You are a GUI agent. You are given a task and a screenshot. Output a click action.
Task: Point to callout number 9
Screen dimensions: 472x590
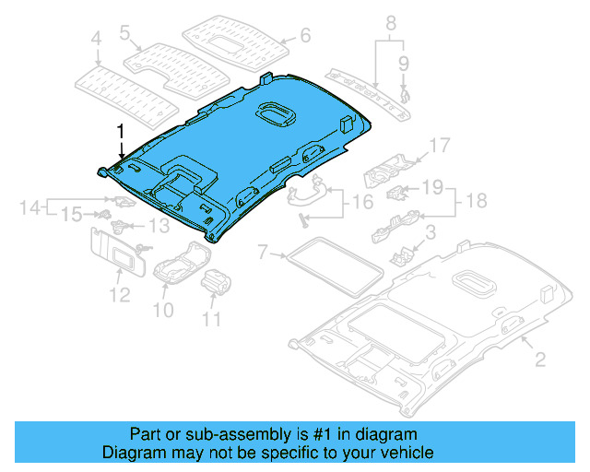(403, 64)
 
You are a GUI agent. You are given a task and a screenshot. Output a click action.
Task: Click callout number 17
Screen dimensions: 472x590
(439, 145)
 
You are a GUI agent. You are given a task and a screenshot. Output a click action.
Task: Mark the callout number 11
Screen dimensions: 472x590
(213, 321)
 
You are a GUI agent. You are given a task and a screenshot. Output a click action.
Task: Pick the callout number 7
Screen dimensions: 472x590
(263, 251)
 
